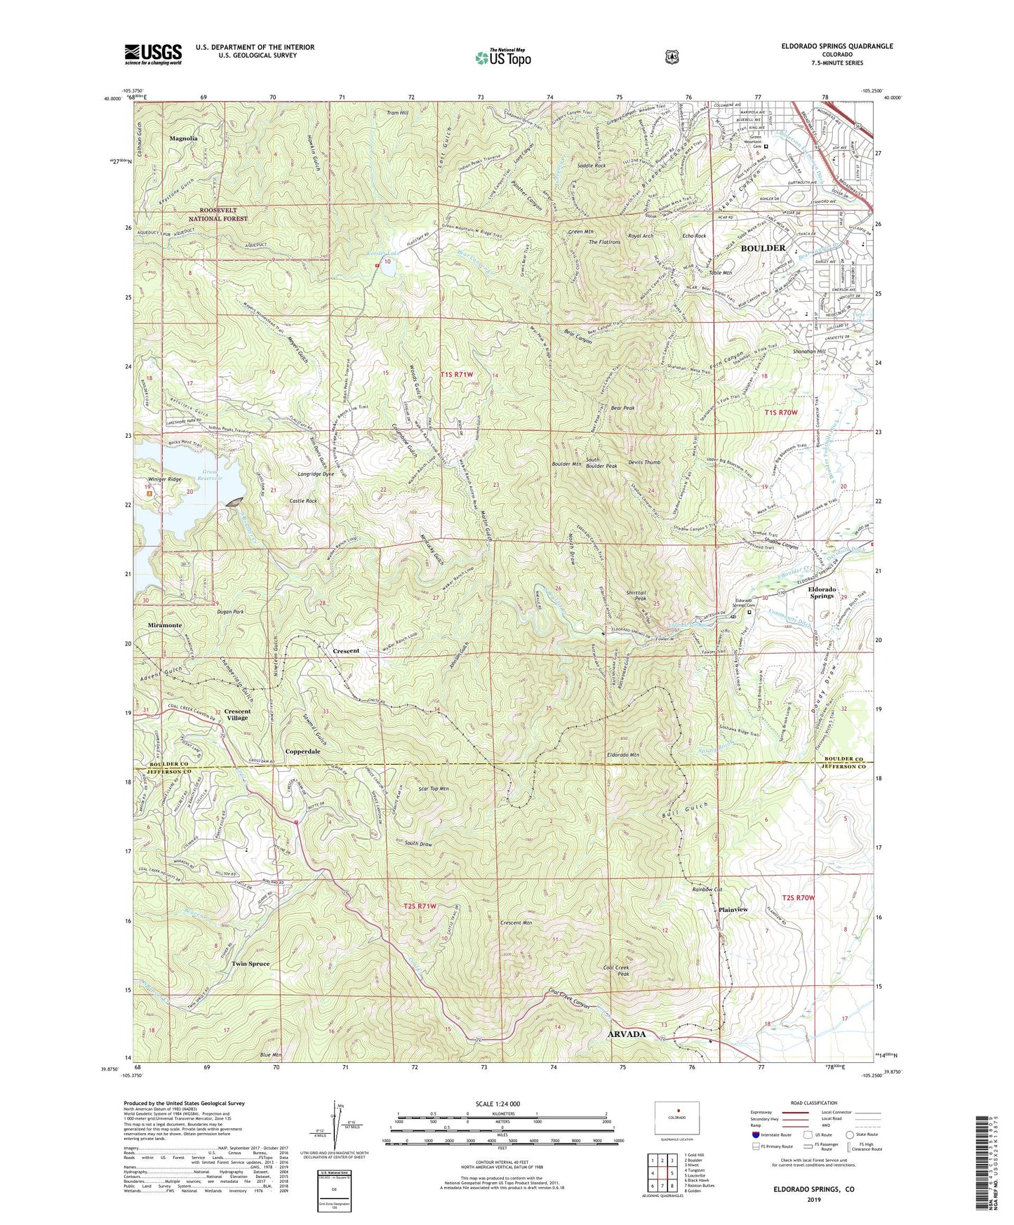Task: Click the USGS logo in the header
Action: [x=153, y=54]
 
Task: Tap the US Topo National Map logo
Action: [x=503, y=58]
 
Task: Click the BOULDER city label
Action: [x=763, y=248]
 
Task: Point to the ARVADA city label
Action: [x=626, y=1034]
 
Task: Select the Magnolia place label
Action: [x=183, y=139]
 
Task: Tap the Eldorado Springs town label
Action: [x=822, y=592]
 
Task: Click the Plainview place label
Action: [x=733, y=909]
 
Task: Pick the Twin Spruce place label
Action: [x=251, y=964]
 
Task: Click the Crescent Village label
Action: [x=237, y=715]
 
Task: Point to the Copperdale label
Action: [x=302, y=751]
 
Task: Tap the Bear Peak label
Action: [x=622, y=408]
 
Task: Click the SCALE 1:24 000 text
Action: [x=498, y=1104]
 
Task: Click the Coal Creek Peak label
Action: [x=616, y=971]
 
